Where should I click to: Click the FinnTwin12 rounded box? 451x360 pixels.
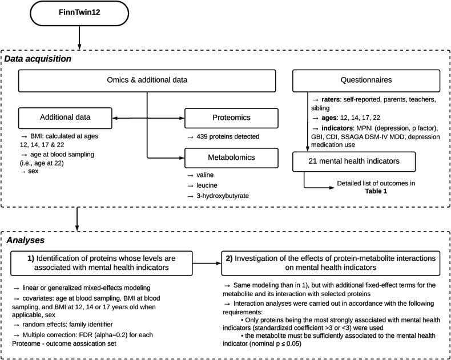tap(79, 13)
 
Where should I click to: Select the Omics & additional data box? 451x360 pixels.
tap(147, 80)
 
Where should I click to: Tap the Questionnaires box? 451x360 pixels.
tap(366, 80)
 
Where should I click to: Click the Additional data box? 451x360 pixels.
tap(65, 118)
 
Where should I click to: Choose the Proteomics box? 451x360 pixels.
tap(231, 118)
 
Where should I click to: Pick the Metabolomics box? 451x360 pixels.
tap(231, 158)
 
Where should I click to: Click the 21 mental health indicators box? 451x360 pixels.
tap(354, 161)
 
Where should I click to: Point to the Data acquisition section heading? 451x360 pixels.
tap(38, 59)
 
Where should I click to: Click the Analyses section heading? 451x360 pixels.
tap(25, 240)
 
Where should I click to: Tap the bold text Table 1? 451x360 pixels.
tap(376, 191)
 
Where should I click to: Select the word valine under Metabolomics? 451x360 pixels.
tap(205, 175)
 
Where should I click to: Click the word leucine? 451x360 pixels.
tap(207, 185)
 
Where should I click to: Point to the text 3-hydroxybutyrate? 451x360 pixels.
tap(223, 196)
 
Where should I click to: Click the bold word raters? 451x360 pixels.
tap(331, 99)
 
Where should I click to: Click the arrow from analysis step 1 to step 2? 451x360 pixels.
tap(207, 263)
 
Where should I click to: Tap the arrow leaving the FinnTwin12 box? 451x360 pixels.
tap(79, 38)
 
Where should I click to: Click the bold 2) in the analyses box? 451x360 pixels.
tap(229, 258)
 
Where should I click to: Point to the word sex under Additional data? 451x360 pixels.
tap(33, 171)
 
